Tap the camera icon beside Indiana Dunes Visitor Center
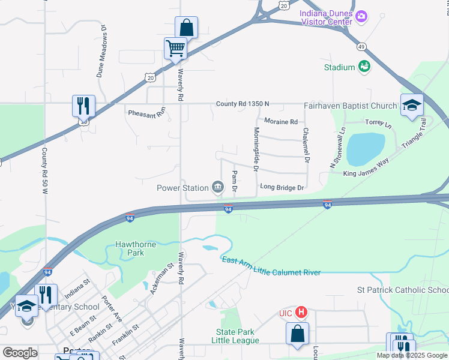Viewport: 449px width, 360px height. [x=361, y=16]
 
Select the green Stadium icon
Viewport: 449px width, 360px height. [x=364, y=67]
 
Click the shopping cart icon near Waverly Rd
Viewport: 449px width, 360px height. [x=175, y=48]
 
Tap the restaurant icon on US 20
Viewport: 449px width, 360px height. [x=83, y=106]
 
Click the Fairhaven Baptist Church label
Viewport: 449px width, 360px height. [x=350, y=106]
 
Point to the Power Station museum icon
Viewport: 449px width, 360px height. [x=218, y=188]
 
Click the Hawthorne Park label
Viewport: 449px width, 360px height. [x=136, y=248]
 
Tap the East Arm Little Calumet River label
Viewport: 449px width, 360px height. [x=271, y=266]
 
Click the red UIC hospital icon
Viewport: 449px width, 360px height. [x=302, y=313]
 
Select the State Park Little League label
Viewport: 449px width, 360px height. [x=235, y=336]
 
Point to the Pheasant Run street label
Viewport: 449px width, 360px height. [x=146, y=112]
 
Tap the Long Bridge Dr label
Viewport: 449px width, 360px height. [x=282, y=188]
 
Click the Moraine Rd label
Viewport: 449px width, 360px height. [x=281, y=122]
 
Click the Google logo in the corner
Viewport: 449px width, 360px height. [x=20, y=353]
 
